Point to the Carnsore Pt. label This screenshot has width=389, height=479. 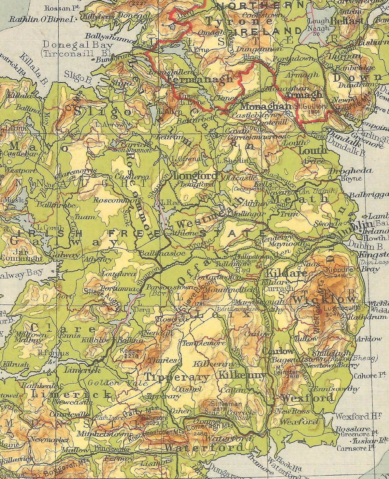(x=356, y=448)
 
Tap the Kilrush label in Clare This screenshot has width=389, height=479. (x=16, y=365)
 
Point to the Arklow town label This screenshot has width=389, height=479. (x=369, y=339)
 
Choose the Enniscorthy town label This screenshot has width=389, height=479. (x=336, y=389)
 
